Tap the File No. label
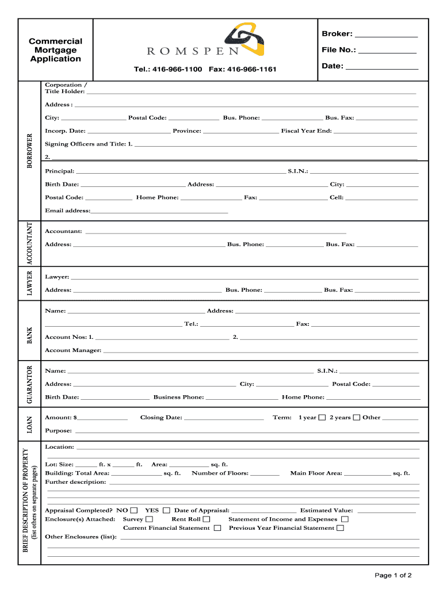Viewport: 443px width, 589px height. click(339, 50)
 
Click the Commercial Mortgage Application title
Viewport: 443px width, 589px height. click(55, 50)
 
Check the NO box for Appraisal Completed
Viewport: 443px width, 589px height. click(134, 510)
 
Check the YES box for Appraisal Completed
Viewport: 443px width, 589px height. click(166, 510)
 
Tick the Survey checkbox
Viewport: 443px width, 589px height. click(150, 519)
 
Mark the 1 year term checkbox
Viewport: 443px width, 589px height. click(322, 418)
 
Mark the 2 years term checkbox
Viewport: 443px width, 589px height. click(357, 418)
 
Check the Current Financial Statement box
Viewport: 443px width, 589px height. click(217, 528)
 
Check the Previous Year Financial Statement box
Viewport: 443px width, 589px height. click(341, 528)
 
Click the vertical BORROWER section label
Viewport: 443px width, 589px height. click(30, 151)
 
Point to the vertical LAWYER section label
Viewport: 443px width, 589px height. click(30, 283)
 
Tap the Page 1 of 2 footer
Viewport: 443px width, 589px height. click(393, 575)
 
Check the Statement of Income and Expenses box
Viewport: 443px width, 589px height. click(345, 519)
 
